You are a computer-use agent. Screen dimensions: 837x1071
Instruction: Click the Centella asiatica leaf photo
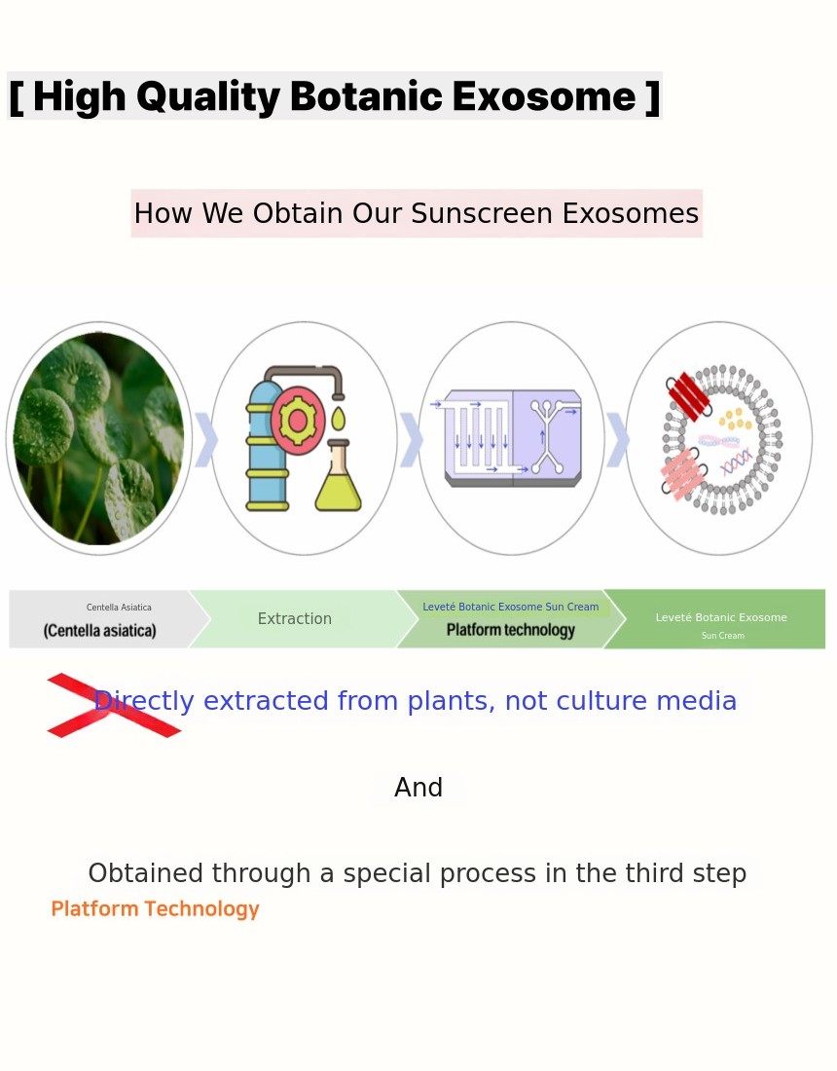pyautogui.click(x=99, y=438)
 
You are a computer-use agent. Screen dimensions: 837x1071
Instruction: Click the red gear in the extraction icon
pyautogui.click(x=297, y=420)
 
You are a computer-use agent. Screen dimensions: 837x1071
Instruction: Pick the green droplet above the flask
pyautogui.click(x=338, y=418)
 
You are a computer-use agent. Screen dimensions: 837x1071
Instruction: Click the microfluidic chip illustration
pyautogui.click(x=512, y=437)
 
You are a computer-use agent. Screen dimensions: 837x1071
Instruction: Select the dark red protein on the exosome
pyautogui.click(x=689, y=396)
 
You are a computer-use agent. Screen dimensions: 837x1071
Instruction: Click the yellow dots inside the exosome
pyautogui.click(x=735, y=418)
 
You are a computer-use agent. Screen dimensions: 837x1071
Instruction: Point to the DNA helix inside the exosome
pyautogui.click(x=737, y=462)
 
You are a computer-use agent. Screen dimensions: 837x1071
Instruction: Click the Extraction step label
pyautogui.click(x=294, y=619)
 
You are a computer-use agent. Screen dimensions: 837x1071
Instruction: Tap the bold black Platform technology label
pyautogui.click(x=511, y=630)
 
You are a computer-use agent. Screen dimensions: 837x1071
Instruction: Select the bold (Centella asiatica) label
pyautogui.click(x=99, y=631)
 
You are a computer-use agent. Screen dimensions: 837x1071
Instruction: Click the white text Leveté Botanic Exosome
pyautogui.click(x=721, y=617)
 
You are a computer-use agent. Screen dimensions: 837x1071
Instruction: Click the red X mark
pyautogui.click(x=114, y=706)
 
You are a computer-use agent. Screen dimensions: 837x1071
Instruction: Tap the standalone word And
pyautogui.click(x=418, y=788)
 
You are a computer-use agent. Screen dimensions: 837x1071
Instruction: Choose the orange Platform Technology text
pyautogui.click(x=155, y=909)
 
